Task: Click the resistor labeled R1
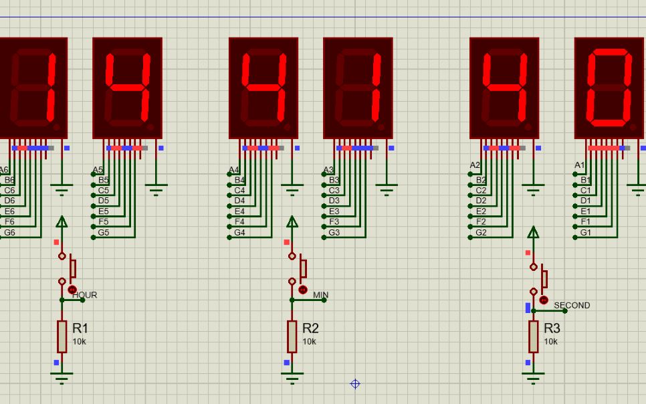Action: [x=62, y=336]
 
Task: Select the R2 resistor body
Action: [x=292, y=336]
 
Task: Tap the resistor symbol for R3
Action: [x=533, y=336]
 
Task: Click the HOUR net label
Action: [x=85, y=295]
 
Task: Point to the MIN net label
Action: [x=320, y=295]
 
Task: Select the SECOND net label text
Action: [x=572, y=305]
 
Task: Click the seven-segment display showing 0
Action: [x=609, y=88]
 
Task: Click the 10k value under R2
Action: [x=309, y=342]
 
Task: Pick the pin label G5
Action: [x=103, y=233]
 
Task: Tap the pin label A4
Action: [x=233, y=170]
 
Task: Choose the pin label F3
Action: [x=334, y=221]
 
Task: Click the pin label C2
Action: [x=481, y=191]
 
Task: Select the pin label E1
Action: [x=586, y=211]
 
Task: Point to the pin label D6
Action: [x=9, y=201]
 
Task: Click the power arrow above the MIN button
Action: [x=292, y=221]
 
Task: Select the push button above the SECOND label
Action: [x=538, y=278]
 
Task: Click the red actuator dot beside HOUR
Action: [x=72, y=290]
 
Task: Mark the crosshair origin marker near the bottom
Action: [x=355, y=384]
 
